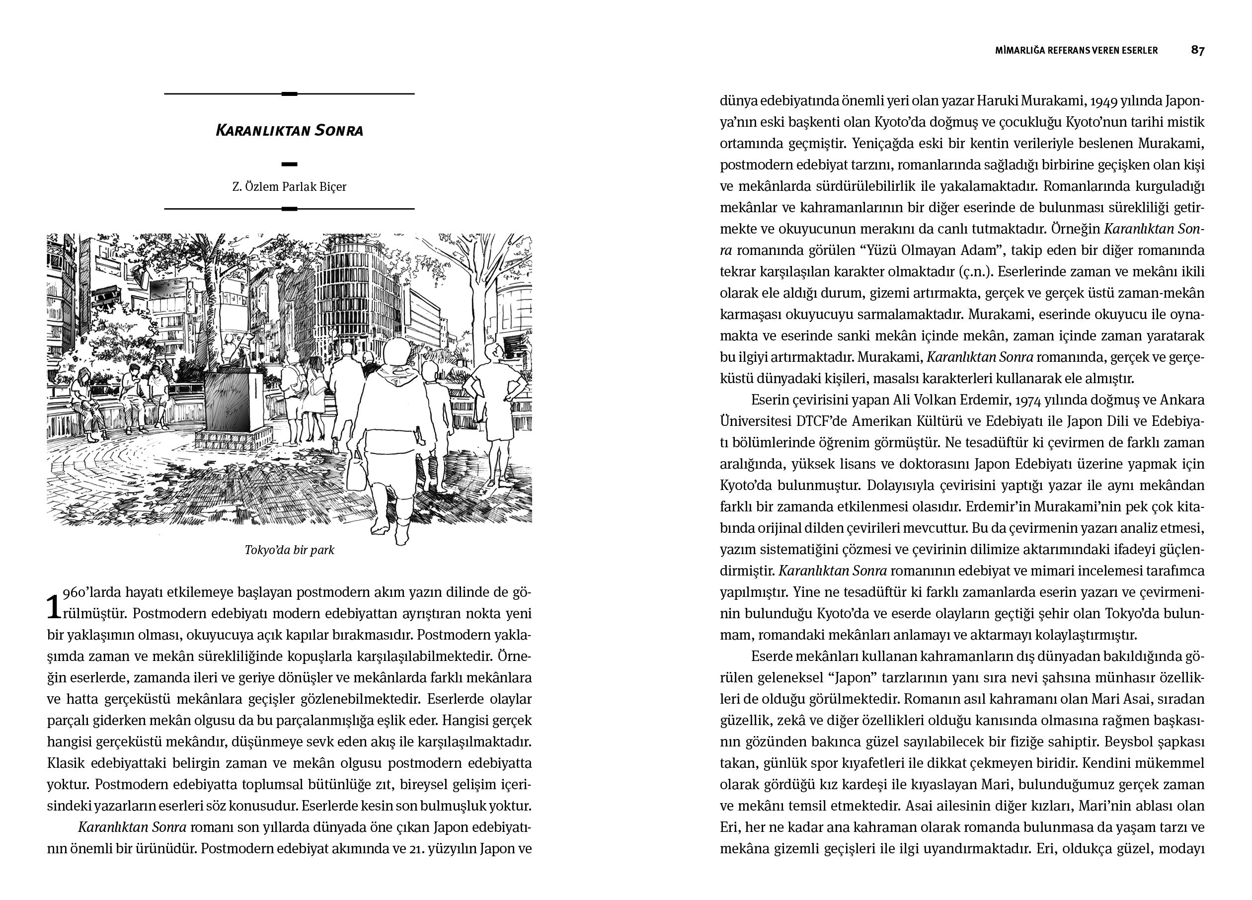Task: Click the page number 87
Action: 1197,50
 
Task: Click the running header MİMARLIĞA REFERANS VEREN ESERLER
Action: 1076,50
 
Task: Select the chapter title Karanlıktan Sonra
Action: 289,131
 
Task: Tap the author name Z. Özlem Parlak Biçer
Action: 289,187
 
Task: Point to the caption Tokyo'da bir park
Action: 289,550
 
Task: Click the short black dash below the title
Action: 289,164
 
